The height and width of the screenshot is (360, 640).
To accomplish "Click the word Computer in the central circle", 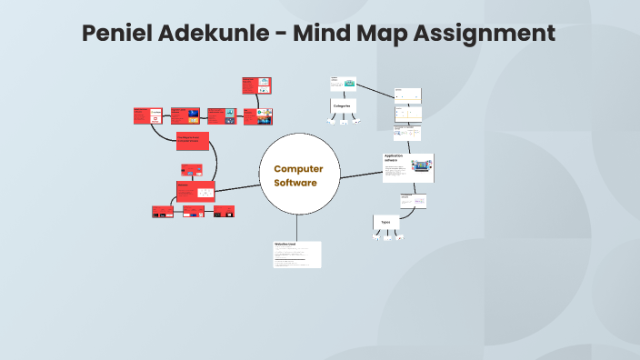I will [298, 168].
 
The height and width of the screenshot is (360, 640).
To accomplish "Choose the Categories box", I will [343, 105].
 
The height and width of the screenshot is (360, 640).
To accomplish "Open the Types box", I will [386, 222].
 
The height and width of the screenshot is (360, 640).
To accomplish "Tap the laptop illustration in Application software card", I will [421, 167].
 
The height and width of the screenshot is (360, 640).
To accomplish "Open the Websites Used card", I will [297, 254].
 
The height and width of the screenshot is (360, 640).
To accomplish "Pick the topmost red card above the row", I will [256, 85].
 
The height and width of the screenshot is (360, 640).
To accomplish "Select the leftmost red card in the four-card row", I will [150, 115].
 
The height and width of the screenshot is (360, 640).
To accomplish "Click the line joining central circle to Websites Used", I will [297, 225].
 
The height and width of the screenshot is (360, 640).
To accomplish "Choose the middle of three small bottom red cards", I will [194, 212].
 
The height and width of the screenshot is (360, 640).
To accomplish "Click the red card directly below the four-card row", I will [193, 141].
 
